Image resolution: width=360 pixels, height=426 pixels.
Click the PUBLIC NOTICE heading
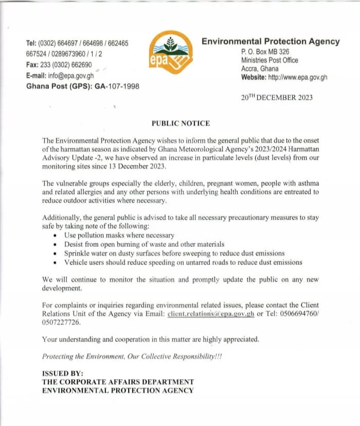pos(180,123)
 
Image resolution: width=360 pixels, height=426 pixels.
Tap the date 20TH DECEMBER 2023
pos(277,97)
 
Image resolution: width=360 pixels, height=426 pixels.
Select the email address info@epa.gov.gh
pos(72,76)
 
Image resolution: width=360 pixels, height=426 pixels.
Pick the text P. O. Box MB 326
pos(265,52)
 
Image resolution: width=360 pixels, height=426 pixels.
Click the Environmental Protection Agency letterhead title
pos(271,42)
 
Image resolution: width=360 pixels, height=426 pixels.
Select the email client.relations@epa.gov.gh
pos(211,314)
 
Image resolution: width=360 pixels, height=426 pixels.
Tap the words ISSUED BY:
pos(62,373)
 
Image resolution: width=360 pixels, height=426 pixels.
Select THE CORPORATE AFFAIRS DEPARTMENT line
pos(118,382)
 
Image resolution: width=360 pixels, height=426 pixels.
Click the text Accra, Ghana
pos(260,69)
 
